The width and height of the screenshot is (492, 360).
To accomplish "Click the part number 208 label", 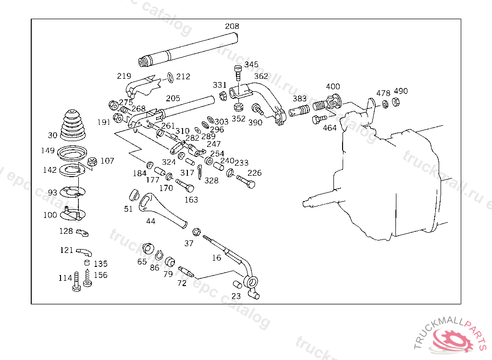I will pyautogui.click(x=232, y=26).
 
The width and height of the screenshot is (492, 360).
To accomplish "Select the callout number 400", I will pyautogui.click(x=332, y=87).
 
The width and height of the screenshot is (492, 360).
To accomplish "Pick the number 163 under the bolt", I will pyautogui.click(x=191, y=199).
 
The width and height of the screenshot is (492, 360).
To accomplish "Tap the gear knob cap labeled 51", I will pyautogui.click(x=134, y=194).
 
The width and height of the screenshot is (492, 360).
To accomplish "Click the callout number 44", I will pyautogui.click(x=150, y=221).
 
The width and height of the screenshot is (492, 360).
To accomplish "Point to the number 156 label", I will pyautogui.click(x=100, y=275).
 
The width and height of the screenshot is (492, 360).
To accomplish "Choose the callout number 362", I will pyautogui.click(x=261, y=76).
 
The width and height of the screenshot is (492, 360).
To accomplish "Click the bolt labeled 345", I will pyautogui.click(x=238, y=72).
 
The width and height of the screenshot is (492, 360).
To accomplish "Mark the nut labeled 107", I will pyautogui.click(x=93, y=161).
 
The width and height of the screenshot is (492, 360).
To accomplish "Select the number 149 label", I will pyautogui.click(x=48, y=151).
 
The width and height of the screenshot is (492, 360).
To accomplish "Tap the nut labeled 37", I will pyautogui.click(x=196, y=232).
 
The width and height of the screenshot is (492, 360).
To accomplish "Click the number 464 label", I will pyautogui.click(x=330, y=128).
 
